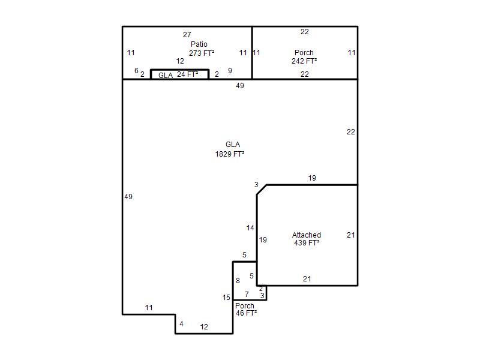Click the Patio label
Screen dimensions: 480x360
click(199, 44)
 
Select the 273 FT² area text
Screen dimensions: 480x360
click(202, 53)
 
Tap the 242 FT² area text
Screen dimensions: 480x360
click(304, 61)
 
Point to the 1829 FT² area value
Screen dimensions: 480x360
click(230, 154)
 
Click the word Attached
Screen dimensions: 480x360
click(307, 235)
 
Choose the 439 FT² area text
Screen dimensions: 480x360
click(307, 243)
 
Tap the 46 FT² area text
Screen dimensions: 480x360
click(246, 313)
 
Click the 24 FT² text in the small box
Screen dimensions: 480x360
click(187, 74)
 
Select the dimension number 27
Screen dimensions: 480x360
click(187, 35)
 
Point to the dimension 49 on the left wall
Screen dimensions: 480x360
click(128, 197)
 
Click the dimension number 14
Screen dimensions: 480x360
click(250, 228)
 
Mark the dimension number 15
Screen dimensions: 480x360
click(226, 297)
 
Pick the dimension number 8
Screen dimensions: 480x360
click(238, 280)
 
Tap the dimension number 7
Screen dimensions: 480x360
click(247, 294)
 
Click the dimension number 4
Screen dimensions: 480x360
click(181, 323)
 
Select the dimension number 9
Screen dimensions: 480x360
click(230, 70)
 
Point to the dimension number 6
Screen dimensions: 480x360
click(137, 70)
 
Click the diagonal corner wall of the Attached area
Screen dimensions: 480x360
click(262, 190)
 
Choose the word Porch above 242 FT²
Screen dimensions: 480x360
click(304, 52)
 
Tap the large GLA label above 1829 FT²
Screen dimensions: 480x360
click(233, 144)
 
